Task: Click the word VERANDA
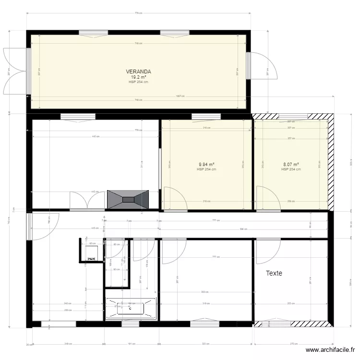coord(138,72)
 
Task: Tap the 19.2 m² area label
coord(138,77)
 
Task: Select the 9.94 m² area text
coord(207,164)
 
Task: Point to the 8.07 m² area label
coord(291,164)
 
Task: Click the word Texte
coord(274,273)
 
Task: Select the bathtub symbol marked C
coord(131,309)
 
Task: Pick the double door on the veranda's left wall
coord(14,71)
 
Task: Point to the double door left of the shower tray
coord(87,201)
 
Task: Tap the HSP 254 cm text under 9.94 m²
coord(207,169)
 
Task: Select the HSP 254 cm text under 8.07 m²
coord(291,169)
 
